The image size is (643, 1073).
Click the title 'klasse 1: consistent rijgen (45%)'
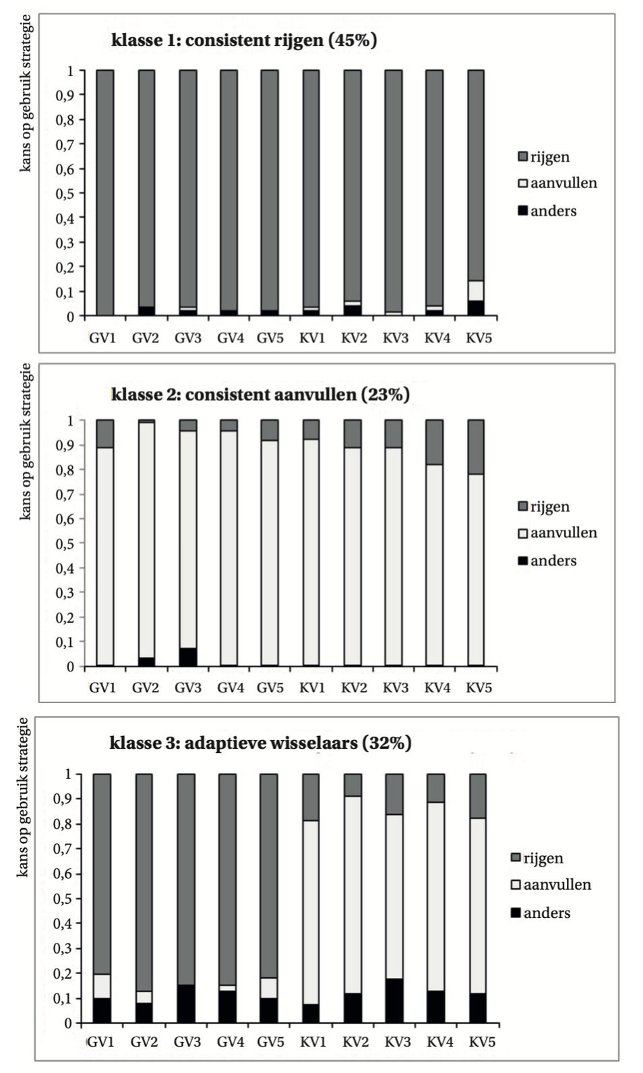point(244,40)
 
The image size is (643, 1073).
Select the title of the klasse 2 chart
point(260,395)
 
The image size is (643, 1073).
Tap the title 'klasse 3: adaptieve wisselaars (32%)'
point(260,743)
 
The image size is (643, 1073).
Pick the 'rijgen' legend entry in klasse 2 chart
point(544,507)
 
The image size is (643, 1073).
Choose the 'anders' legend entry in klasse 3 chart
point(541,913)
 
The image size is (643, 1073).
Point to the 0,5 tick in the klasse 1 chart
point(65,193)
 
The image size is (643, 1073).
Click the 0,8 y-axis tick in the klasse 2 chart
point(65,470)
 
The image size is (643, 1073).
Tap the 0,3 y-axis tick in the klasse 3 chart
point(63,948)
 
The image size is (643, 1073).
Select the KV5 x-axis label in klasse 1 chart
point(479,338)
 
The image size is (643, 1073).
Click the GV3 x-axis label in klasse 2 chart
point(188,688)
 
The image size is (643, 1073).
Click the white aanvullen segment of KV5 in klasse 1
point(476,290)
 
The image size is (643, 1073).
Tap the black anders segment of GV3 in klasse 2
point(188,656)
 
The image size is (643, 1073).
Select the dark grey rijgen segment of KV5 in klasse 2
point(476,447)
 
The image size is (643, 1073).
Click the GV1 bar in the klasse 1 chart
point(105,193)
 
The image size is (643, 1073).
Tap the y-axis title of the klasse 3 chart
point(23,797)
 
